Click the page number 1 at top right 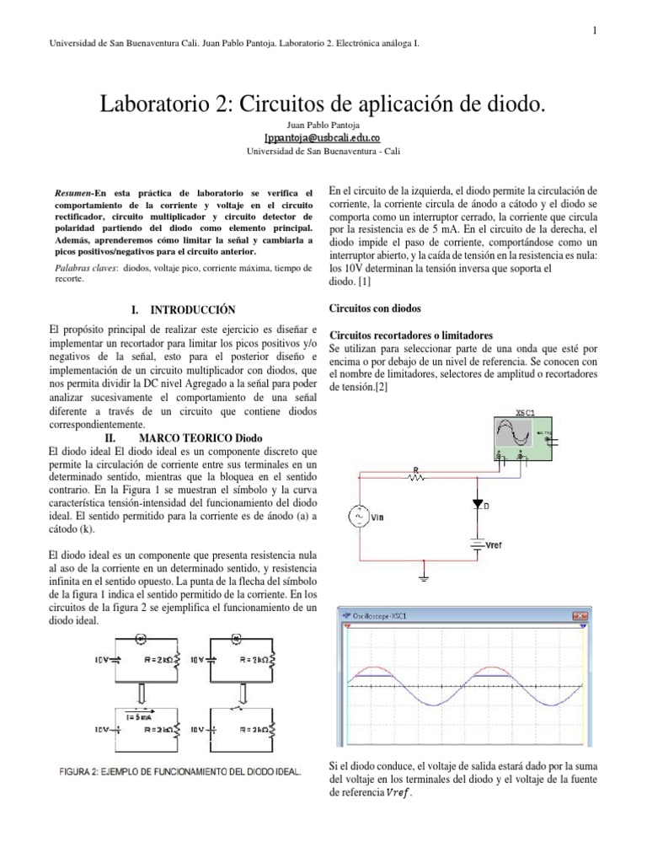tap(594, 31)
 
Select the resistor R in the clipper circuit tap(414, 476)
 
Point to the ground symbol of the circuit tap(421, 577)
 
